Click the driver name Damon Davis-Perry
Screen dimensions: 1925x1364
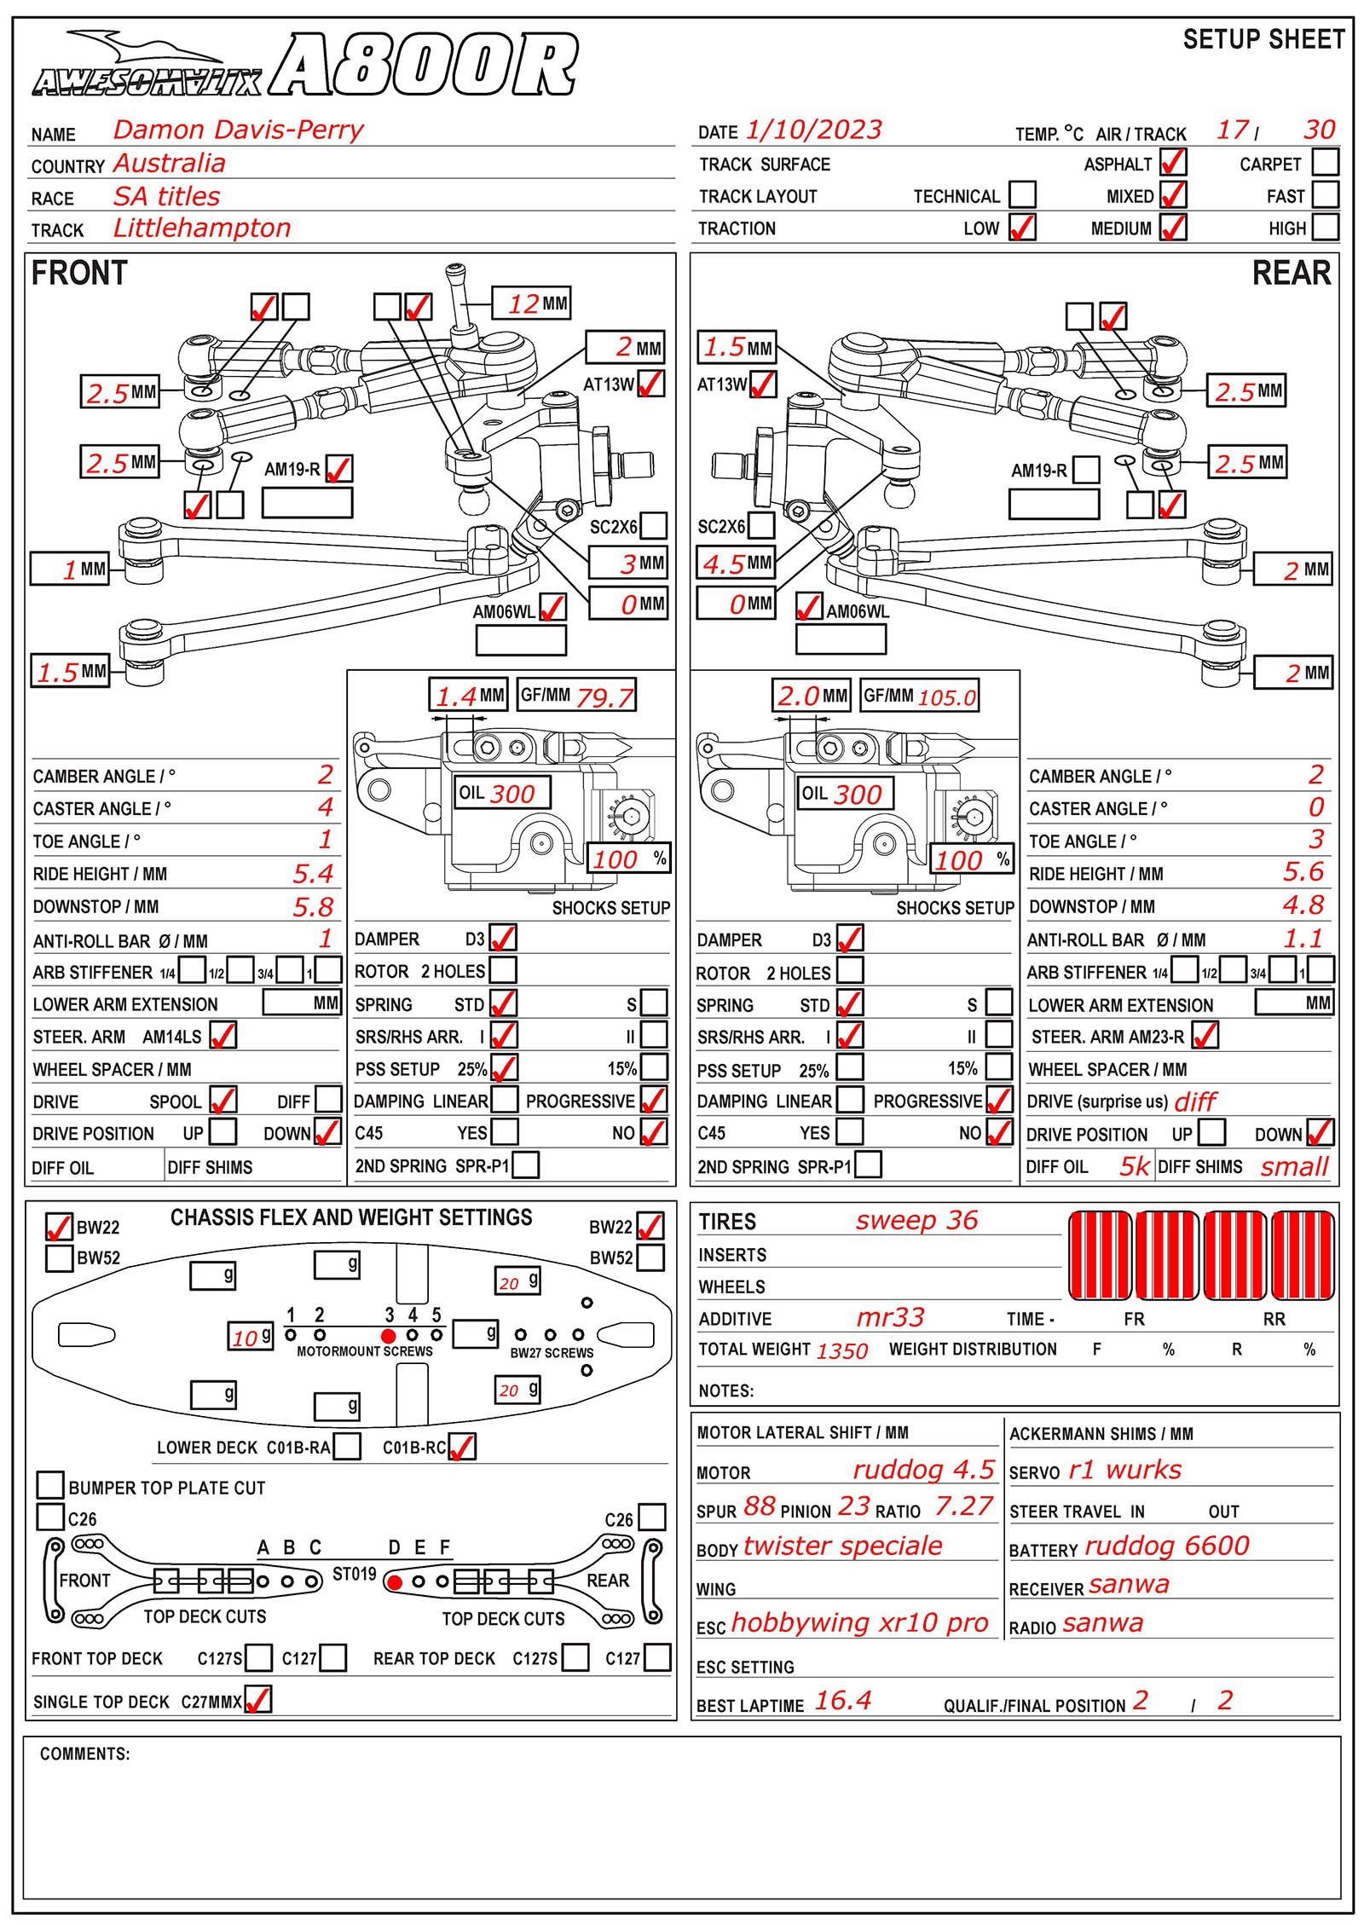238,130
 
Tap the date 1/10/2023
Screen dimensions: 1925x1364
813,130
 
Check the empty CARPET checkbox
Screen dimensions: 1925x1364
1325,162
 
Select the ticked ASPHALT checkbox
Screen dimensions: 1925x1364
1173,162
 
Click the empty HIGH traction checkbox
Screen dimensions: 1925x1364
1325,227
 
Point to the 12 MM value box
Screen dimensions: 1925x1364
530,303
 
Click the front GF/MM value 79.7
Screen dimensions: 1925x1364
604,697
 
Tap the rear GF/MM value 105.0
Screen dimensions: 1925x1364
946,697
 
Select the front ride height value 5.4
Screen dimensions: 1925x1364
313,874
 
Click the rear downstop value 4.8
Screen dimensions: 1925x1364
1303,905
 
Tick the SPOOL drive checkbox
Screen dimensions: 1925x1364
223,1100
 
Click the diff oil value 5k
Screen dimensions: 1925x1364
1134,1166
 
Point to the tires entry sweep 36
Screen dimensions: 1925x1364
916,1221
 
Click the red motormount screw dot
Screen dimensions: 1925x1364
389,1336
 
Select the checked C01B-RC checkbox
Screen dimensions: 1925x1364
462,1447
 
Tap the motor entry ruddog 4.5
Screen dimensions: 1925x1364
923,1470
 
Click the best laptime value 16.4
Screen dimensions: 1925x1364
842,1702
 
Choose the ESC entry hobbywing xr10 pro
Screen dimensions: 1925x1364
859,1623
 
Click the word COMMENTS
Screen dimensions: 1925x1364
84,1754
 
